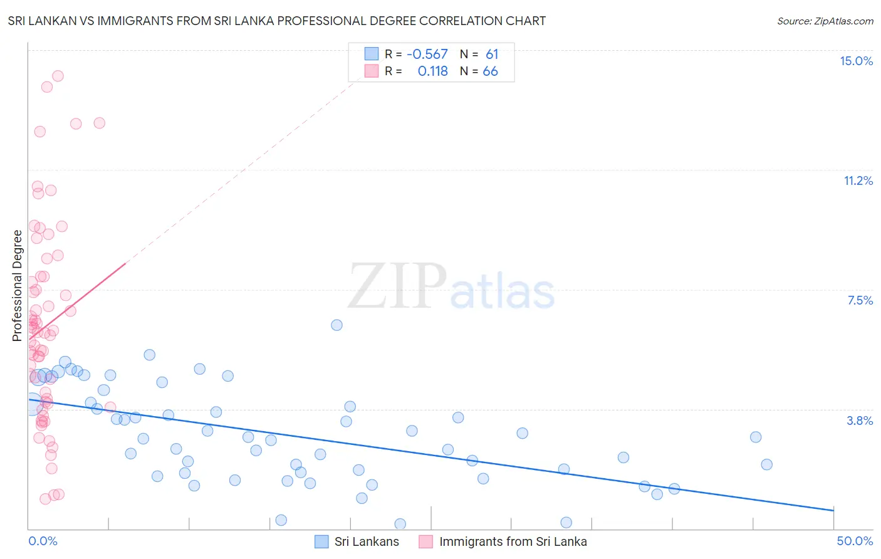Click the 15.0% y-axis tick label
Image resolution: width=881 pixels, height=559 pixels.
(x=856, y=61)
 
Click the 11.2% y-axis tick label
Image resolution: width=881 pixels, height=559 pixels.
(x=858, y=180)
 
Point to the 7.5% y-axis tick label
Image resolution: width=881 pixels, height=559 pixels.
(x=860, y=300)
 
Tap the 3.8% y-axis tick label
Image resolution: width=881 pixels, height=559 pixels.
(x=860, y=421)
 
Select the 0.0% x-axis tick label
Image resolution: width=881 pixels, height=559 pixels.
(x=43, y=541)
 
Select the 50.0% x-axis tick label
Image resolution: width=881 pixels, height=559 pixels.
(x=855, y=541)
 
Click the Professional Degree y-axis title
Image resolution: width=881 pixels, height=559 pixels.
(x=18, y=286)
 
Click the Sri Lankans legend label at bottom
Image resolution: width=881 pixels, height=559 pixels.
(x=367, y=541)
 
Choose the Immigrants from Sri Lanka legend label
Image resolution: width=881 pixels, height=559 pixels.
(x=513, y=541)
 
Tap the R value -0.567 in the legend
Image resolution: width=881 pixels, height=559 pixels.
(x=427, y=55)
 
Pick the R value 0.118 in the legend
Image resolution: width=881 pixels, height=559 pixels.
(x=432, y=71)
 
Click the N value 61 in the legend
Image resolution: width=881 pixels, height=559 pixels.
(x=492, y=55)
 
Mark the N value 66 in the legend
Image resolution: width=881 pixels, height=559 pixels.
(x=490, y=71)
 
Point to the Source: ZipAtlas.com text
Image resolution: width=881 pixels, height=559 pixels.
(x=825, y=21)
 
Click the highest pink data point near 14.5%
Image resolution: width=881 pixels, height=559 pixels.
(x=58, y=76)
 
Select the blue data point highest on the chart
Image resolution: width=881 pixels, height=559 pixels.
(x=336, y=325)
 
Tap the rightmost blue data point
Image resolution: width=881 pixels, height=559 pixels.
(x=766, y=464)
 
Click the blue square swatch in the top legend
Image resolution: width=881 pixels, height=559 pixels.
(x=372, y=54)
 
